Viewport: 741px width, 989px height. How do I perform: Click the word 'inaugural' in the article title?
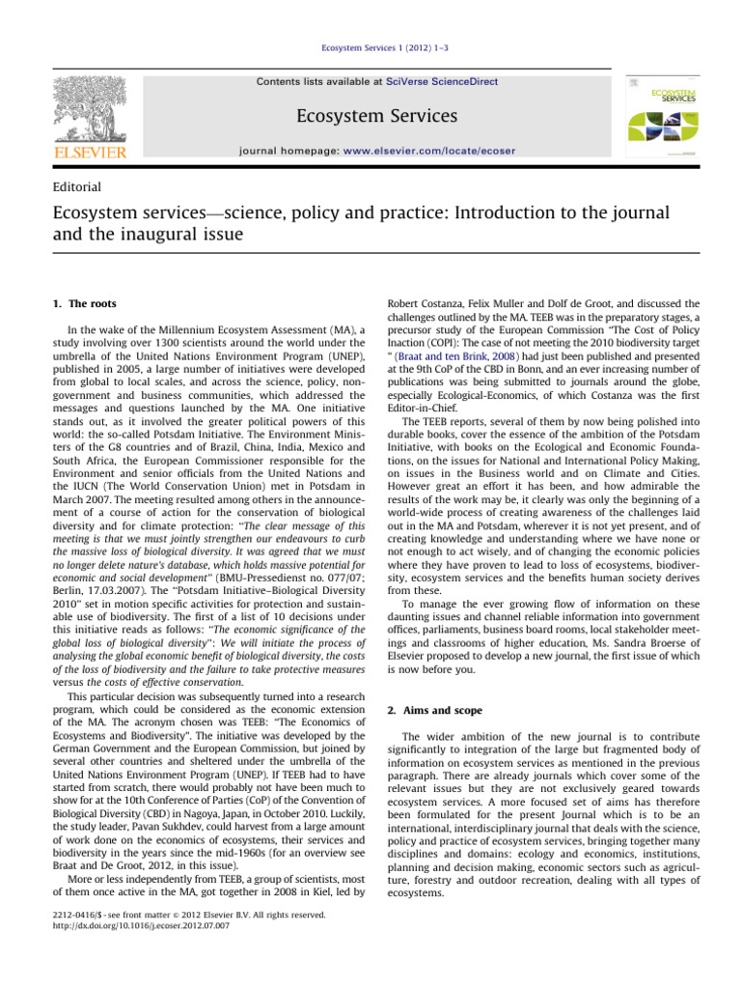coord(151,233)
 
